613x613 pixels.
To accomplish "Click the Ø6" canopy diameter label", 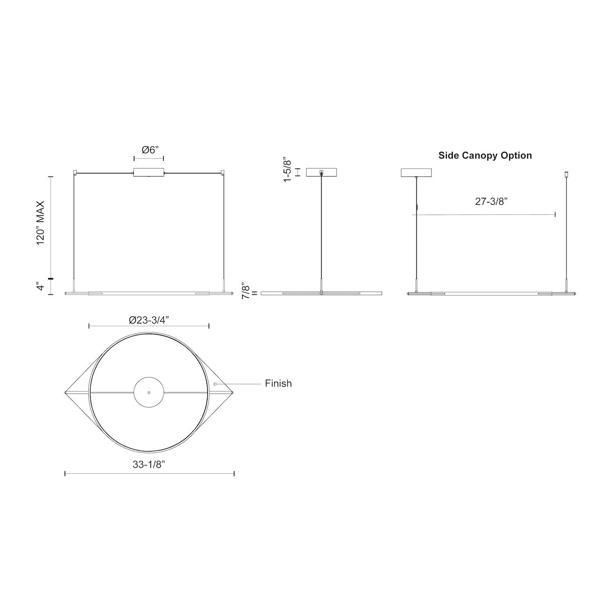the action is point(149,150).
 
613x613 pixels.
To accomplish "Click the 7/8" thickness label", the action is point(246,290).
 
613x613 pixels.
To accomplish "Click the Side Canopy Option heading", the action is point(485,155).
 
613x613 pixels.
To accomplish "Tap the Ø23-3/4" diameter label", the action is point(149,320).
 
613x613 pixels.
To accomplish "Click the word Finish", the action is point(278,383).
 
